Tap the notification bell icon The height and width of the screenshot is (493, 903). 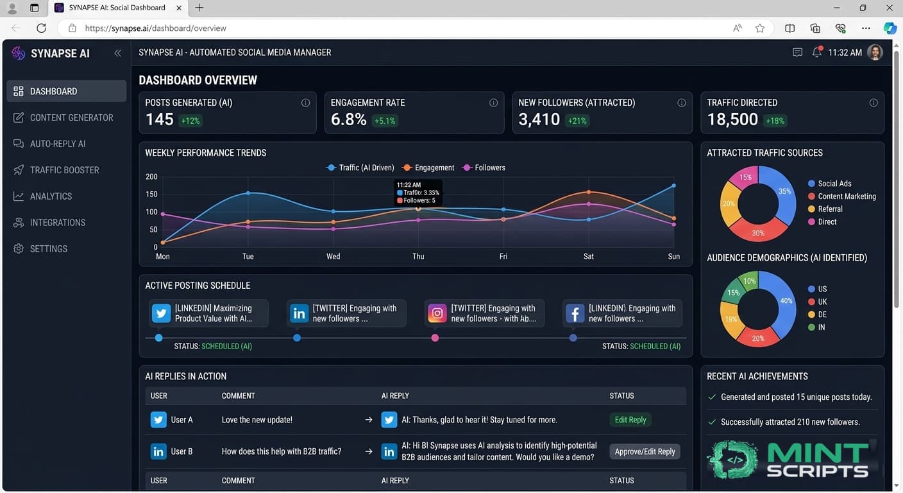[x=817, y=52]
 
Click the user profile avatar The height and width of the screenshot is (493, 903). [x=875, y=52]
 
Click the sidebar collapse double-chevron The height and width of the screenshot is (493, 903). [x=117, y=53]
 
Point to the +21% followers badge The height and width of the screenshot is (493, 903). [x=577, y=121]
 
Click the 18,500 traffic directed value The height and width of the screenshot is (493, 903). [x=732, y=119]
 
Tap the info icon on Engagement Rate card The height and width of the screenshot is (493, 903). [x=493, y=103]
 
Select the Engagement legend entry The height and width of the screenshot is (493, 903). [x=428, y=168]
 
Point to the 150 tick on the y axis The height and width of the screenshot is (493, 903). [x=151, y=194]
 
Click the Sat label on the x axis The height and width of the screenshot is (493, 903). [x=589, y=256]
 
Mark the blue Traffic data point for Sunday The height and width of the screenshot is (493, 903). [x=673, y=186]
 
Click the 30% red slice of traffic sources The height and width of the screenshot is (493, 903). [x=758, y=230]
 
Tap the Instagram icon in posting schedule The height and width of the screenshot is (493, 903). [x=437, y=313]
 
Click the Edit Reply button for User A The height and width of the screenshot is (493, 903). [x=630, y=420]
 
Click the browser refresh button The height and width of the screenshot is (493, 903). [x=42, y=28]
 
